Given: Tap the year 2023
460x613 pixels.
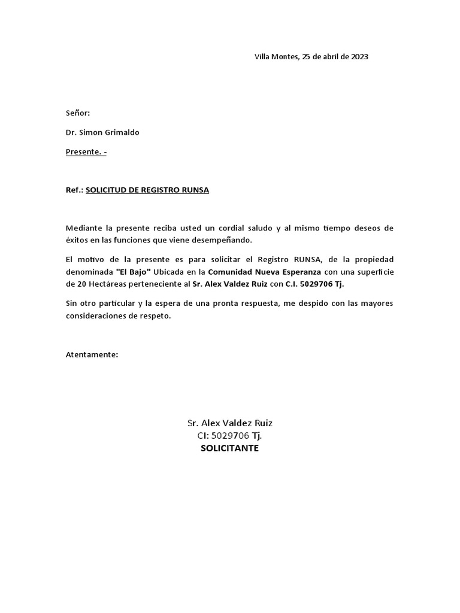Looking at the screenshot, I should click(x=359, y=57).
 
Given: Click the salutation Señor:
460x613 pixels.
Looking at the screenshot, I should click(x=78, y=113).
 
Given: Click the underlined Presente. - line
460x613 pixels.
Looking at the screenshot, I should click(x=86, y=151).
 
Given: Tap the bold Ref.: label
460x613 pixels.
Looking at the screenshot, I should click(x=74, y=190).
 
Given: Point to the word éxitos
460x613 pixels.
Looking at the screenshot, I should click(x=77, y=240).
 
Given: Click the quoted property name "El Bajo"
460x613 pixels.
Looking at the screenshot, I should click(x=133, y=271).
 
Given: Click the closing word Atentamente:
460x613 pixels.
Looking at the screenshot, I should click(x=92, y=354).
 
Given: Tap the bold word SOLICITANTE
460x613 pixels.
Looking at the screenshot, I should click(x=230, y=448).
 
